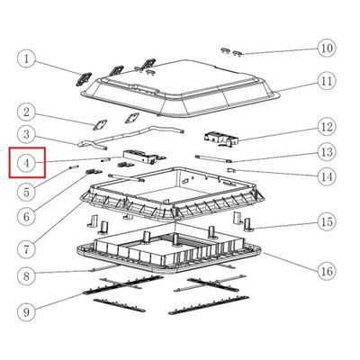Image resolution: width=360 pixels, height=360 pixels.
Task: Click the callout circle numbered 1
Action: pyautogui.click(x=27, y=58)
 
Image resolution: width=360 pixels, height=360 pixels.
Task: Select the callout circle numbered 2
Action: pyautogui.click(x=27, y=112)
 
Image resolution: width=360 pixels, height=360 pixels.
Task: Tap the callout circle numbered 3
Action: pyautogui.click(x=27, y=134)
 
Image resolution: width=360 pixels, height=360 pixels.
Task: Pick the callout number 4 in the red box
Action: pyautogui.click(x=27, y=164)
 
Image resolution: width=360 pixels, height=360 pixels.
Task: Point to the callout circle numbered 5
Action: pyautogui.click(x=27, y=192)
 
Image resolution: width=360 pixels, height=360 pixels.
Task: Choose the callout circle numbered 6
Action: pyautogui.click(x=27, y=217)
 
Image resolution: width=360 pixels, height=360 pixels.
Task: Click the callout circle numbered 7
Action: pyautogui.click(x=27, y=249)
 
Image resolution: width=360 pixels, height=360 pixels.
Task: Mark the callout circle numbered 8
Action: pyautogui.click(x=27, y=275)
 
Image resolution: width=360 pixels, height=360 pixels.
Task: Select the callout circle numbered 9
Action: pyautogui.click(x=27, y=312)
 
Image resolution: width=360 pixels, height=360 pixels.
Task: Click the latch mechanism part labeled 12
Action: pyautogui.click(x=221, y=139)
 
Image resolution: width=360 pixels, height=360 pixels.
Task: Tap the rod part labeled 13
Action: pyautogui.click(x=213, y=158)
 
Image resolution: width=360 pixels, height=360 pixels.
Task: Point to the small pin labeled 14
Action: pyautogui.click(x=231, y=170)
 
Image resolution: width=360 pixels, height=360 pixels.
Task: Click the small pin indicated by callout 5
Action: pyautogui.click(x=74, y=167)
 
